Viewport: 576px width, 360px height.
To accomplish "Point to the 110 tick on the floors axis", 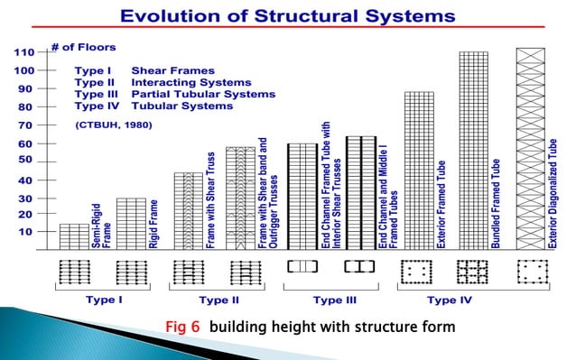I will (23, 52).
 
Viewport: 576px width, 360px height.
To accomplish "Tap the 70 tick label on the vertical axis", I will (23, 125).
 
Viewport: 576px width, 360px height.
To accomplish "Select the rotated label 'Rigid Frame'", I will (153, 224).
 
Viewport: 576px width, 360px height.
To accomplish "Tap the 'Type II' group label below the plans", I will (218, 300).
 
